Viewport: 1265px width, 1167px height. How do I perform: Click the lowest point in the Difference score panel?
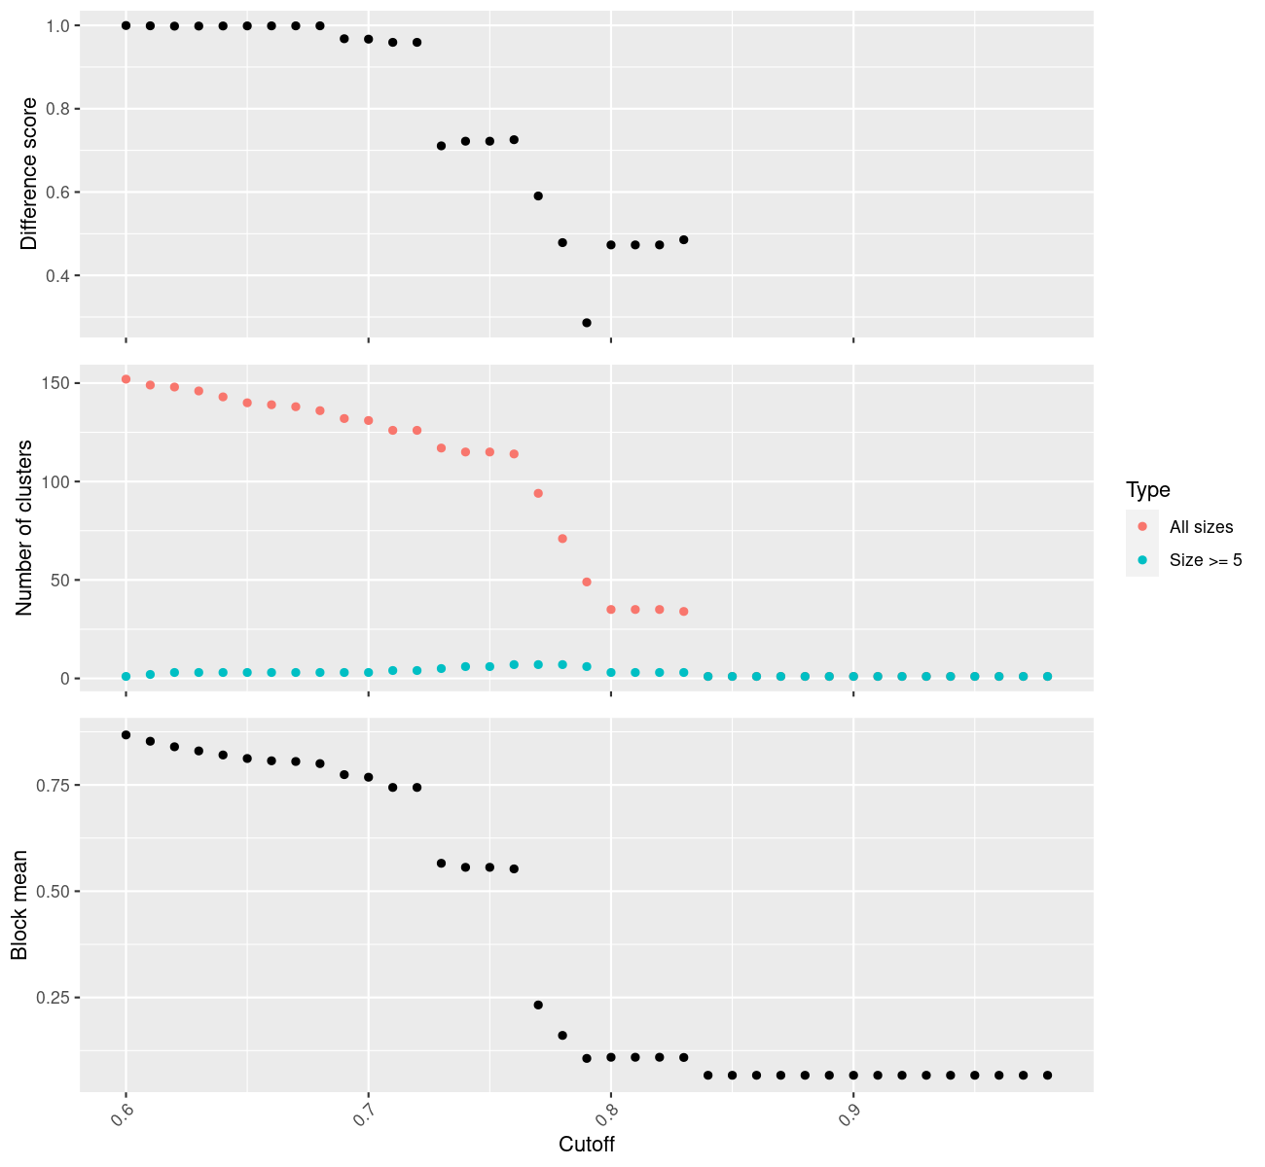click(x=587, y=323)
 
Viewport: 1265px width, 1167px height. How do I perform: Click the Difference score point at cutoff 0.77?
click(x=538, y=196)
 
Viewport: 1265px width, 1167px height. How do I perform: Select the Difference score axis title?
click(x=30, y=174)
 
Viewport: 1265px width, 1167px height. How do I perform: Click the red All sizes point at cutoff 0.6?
click(x=126, y=379)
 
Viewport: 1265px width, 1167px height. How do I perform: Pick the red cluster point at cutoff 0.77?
click(x=538, y=493)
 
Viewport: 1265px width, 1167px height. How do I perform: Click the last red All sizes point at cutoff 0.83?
click(x=684, y=612)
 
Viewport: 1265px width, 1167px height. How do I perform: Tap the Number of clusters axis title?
click(x=25, y=527)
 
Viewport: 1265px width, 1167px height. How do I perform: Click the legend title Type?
click(x=1147, y=490)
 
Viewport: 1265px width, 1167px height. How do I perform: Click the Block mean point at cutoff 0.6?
click(x=126, y=735)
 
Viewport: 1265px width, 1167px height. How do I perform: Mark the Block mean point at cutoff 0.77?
click(x=538, y=1005)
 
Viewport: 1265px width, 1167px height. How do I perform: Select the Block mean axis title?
click(x=19, y=904)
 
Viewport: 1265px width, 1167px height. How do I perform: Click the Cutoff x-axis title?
click(x=587, y=1145)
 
